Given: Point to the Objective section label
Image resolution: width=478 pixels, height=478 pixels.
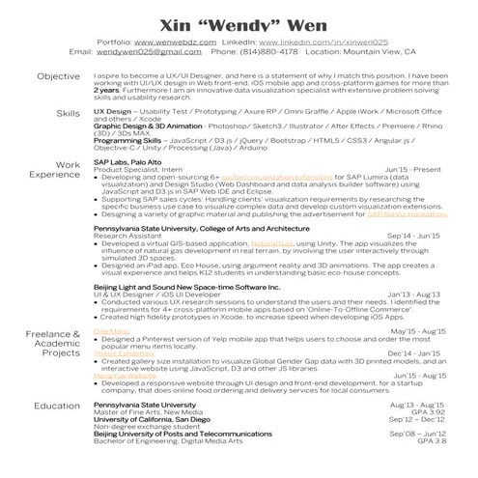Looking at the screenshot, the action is tap(58, 76).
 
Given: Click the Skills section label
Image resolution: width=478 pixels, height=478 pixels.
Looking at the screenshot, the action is tap(68, 114).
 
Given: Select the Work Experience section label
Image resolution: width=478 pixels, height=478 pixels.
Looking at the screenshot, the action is tap(54, 170).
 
